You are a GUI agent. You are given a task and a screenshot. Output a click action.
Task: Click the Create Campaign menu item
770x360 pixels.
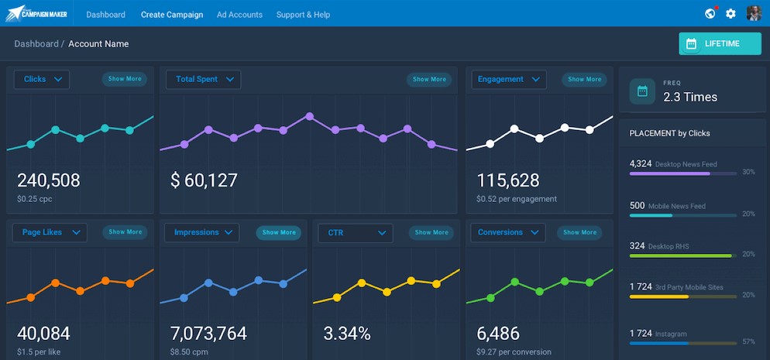[172, 15]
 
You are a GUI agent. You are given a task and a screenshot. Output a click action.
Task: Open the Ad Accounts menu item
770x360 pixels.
[239, 15]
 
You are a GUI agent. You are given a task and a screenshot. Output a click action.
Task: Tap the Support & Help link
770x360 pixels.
[303, 15]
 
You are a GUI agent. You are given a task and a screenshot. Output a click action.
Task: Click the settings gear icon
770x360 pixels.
[730, 14]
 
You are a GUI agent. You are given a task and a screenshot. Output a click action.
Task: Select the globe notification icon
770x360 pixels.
[710, 14]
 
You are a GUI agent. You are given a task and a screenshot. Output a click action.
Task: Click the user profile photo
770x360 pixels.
[754, 13]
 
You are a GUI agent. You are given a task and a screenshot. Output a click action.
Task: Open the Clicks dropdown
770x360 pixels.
[42, 80]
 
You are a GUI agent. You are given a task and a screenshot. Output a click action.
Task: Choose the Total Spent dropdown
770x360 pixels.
[203, 80]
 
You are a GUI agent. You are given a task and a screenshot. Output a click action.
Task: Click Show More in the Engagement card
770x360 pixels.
[584, 80]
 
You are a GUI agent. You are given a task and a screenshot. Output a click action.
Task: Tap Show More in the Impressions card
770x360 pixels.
[279, 232]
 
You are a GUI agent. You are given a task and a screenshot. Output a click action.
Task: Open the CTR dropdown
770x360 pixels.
[355, 233]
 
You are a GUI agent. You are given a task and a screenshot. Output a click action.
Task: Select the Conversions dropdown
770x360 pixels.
[507, 232]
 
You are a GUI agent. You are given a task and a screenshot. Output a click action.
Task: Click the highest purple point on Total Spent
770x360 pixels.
[309, 116]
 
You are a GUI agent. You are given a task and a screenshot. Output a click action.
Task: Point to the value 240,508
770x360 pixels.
[49, 180]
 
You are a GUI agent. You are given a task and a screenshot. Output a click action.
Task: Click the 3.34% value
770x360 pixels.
[347, 334]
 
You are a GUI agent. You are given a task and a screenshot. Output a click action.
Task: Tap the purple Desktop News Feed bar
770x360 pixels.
[670, 173]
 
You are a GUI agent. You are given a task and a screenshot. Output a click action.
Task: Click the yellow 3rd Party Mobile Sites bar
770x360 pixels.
[659, 297]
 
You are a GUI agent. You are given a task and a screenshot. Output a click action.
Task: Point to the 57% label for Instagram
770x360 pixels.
[749, 341]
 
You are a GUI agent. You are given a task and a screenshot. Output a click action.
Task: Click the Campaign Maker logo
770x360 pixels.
[36, 13]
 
